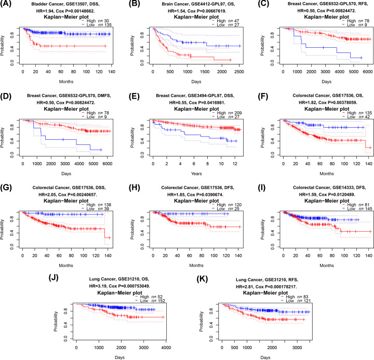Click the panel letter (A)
(x=8, y=4)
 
